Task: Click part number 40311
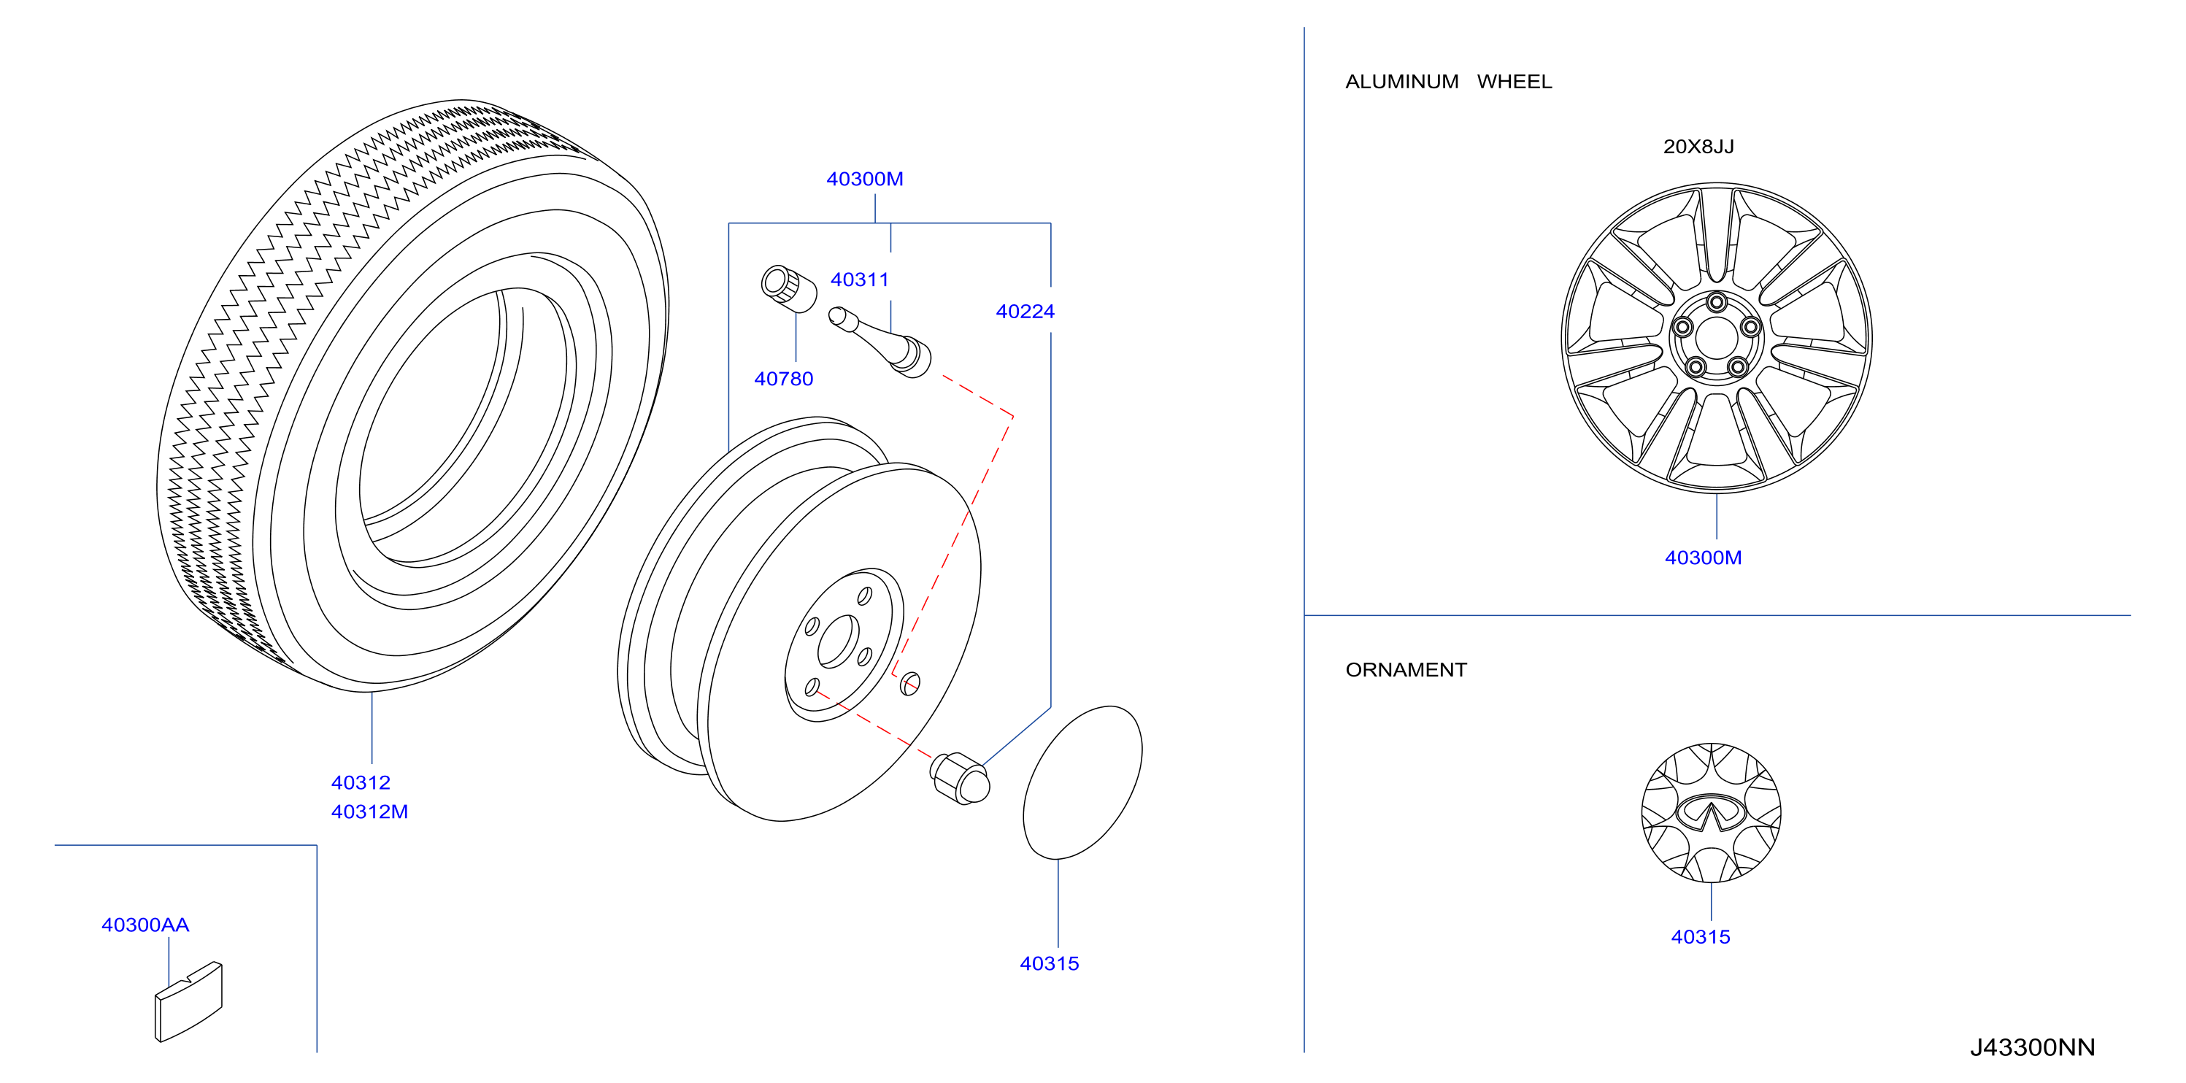click(860, 280)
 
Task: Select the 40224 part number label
click(1025, 312)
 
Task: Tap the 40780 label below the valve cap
click(783, 379)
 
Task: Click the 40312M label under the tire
click(369, 812)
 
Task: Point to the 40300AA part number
click(145, 925)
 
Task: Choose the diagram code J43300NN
click(2033, 1047)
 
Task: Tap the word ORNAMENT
click(1406, 670)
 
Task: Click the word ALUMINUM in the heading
click(1402, 82)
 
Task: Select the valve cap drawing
click(788, 288)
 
